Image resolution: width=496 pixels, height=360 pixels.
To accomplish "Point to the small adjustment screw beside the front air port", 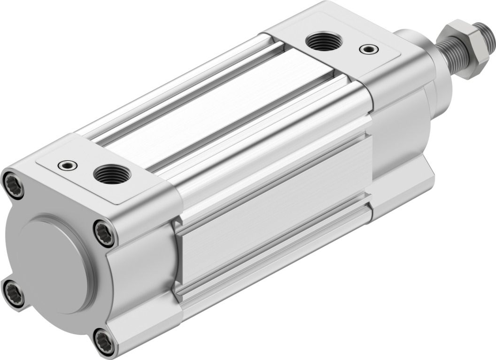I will [x=367, y=48].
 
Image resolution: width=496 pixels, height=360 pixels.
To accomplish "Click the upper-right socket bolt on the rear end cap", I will [x=104, y=232].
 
